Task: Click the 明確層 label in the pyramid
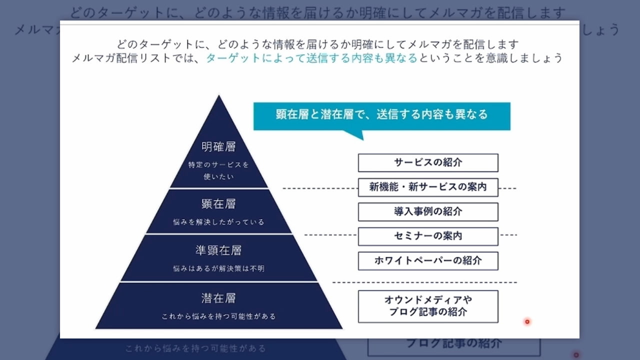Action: pos(218,147)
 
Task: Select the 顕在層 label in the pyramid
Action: pos(218,204)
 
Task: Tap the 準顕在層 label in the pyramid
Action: pos(218,250)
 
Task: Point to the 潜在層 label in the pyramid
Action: pos(218,298)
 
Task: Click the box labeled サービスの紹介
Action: pos(428,162)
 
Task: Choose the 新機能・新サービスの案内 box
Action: pos(428,187)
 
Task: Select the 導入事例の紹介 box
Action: pos(428,211)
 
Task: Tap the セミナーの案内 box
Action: pos(428,236)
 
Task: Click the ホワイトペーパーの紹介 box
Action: pos(428,260)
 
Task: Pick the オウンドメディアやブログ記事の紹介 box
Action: pos(428,306)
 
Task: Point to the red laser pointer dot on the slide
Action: pos(527,321)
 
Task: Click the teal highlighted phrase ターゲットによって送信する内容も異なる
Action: pos(311,58)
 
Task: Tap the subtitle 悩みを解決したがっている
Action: pos(218,222)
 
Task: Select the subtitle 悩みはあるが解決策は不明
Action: pos(218,268)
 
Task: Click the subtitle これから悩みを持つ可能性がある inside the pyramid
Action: pos(218,316)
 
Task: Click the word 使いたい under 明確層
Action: pos(218,176)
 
